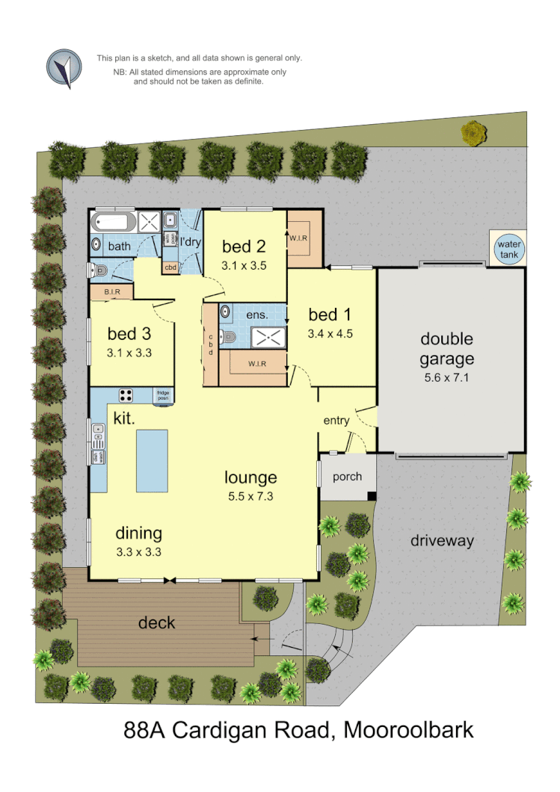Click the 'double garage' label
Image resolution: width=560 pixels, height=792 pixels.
pyautogui.click(x=446, y=349)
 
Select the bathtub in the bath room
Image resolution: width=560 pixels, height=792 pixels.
pyautogui.click(x=114, y=221)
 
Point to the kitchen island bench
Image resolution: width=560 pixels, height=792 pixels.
pyautogui.click(x=152, y=460)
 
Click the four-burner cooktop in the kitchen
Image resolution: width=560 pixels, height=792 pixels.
pyautogui.click(x=126, y=395)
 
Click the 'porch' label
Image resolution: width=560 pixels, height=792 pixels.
pyautogui.click(x=347, y=477)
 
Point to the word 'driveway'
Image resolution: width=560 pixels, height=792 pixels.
pyautogui.click(x=442, y=541)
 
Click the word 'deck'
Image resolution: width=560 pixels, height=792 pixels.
pyautogui.click(x=157, y=622)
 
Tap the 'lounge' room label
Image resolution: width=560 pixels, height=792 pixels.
pyautogui.click(x=251, y=477)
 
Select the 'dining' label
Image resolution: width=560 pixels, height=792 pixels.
pyautogui.click(x=138, y=533)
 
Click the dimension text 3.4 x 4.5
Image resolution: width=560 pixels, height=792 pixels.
pyautogui.click(x=330, y=334)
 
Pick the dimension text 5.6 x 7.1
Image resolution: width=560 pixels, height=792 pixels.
pyautogui.click(x=446, y=377)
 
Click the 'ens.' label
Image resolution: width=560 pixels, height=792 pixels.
pyautogui.click(x=257, y=315)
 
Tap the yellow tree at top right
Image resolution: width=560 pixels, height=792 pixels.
pyautogui.click(x=473, y=134)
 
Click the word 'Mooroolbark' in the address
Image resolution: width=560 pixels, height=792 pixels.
pyautogui.click(x=408, y=729)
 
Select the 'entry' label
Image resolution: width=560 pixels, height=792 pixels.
pyautogui.click(x=336, y=421)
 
